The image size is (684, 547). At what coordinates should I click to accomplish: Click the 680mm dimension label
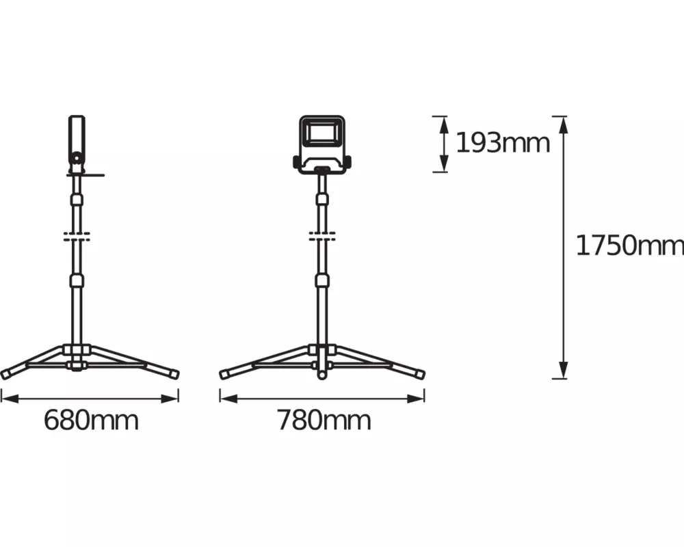91,421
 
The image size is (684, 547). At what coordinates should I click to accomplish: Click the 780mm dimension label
324,421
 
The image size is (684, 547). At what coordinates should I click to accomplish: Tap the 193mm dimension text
503,143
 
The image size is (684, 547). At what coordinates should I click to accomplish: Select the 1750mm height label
630,245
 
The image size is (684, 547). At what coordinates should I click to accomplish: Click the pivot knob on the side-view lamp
77,157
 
